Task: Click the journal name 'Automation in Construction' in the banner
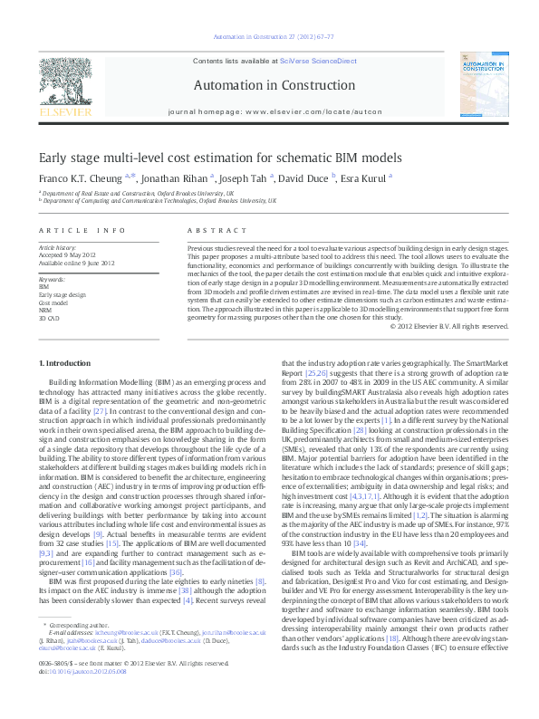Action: [269, 85]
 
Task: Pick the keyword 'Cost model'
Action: [53, 302]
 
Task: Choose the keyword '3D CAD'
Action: [49, 319]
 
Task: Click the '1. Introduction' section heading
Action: [65, 363]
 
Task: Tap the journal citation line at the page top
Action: [269, 37]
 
